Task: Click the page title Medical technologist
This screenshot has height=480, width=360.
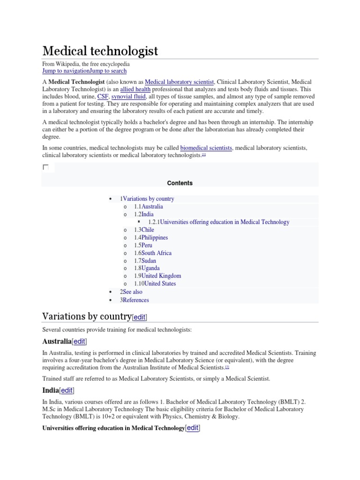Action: [x=100, y=51]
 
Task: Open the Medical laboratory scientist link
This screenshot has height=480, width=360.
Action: [x=180, y=82]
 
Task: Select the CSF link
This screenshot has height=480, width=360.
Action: [x=103, y=97]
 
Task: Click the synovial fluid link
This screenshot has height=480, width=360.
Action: [x=128, y=97]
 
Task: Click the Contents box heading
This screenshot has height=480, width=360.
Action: [x=180, y=183]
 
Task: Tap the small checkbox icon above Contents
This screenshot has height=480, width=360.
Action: [x=45, y=167]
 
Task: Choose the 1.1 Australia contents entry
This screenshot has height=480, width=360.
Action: [x=149, y=207]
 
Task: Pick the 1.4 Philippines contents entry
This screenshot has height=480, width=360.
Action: [x=151, y=238]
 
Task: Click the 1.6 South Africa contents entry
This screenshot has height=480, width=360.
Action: [x=153, y=253]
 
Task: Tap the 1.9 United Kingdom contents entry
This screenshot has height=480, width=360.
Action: [x=157, y=276]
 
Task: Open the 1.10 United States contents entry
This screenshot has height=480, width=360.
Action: [x=155, y=284]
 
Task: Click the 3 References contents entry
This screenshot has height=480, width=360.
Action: [x=135, y=300]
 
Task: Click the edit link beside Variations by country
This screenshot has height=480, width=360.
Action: [x=139, y=318]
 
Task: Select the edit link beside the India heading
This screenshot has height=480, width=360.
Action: [x=67, y=390]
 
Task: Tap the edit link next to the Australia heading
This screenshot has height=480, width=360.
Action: [x=79, y=341]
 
